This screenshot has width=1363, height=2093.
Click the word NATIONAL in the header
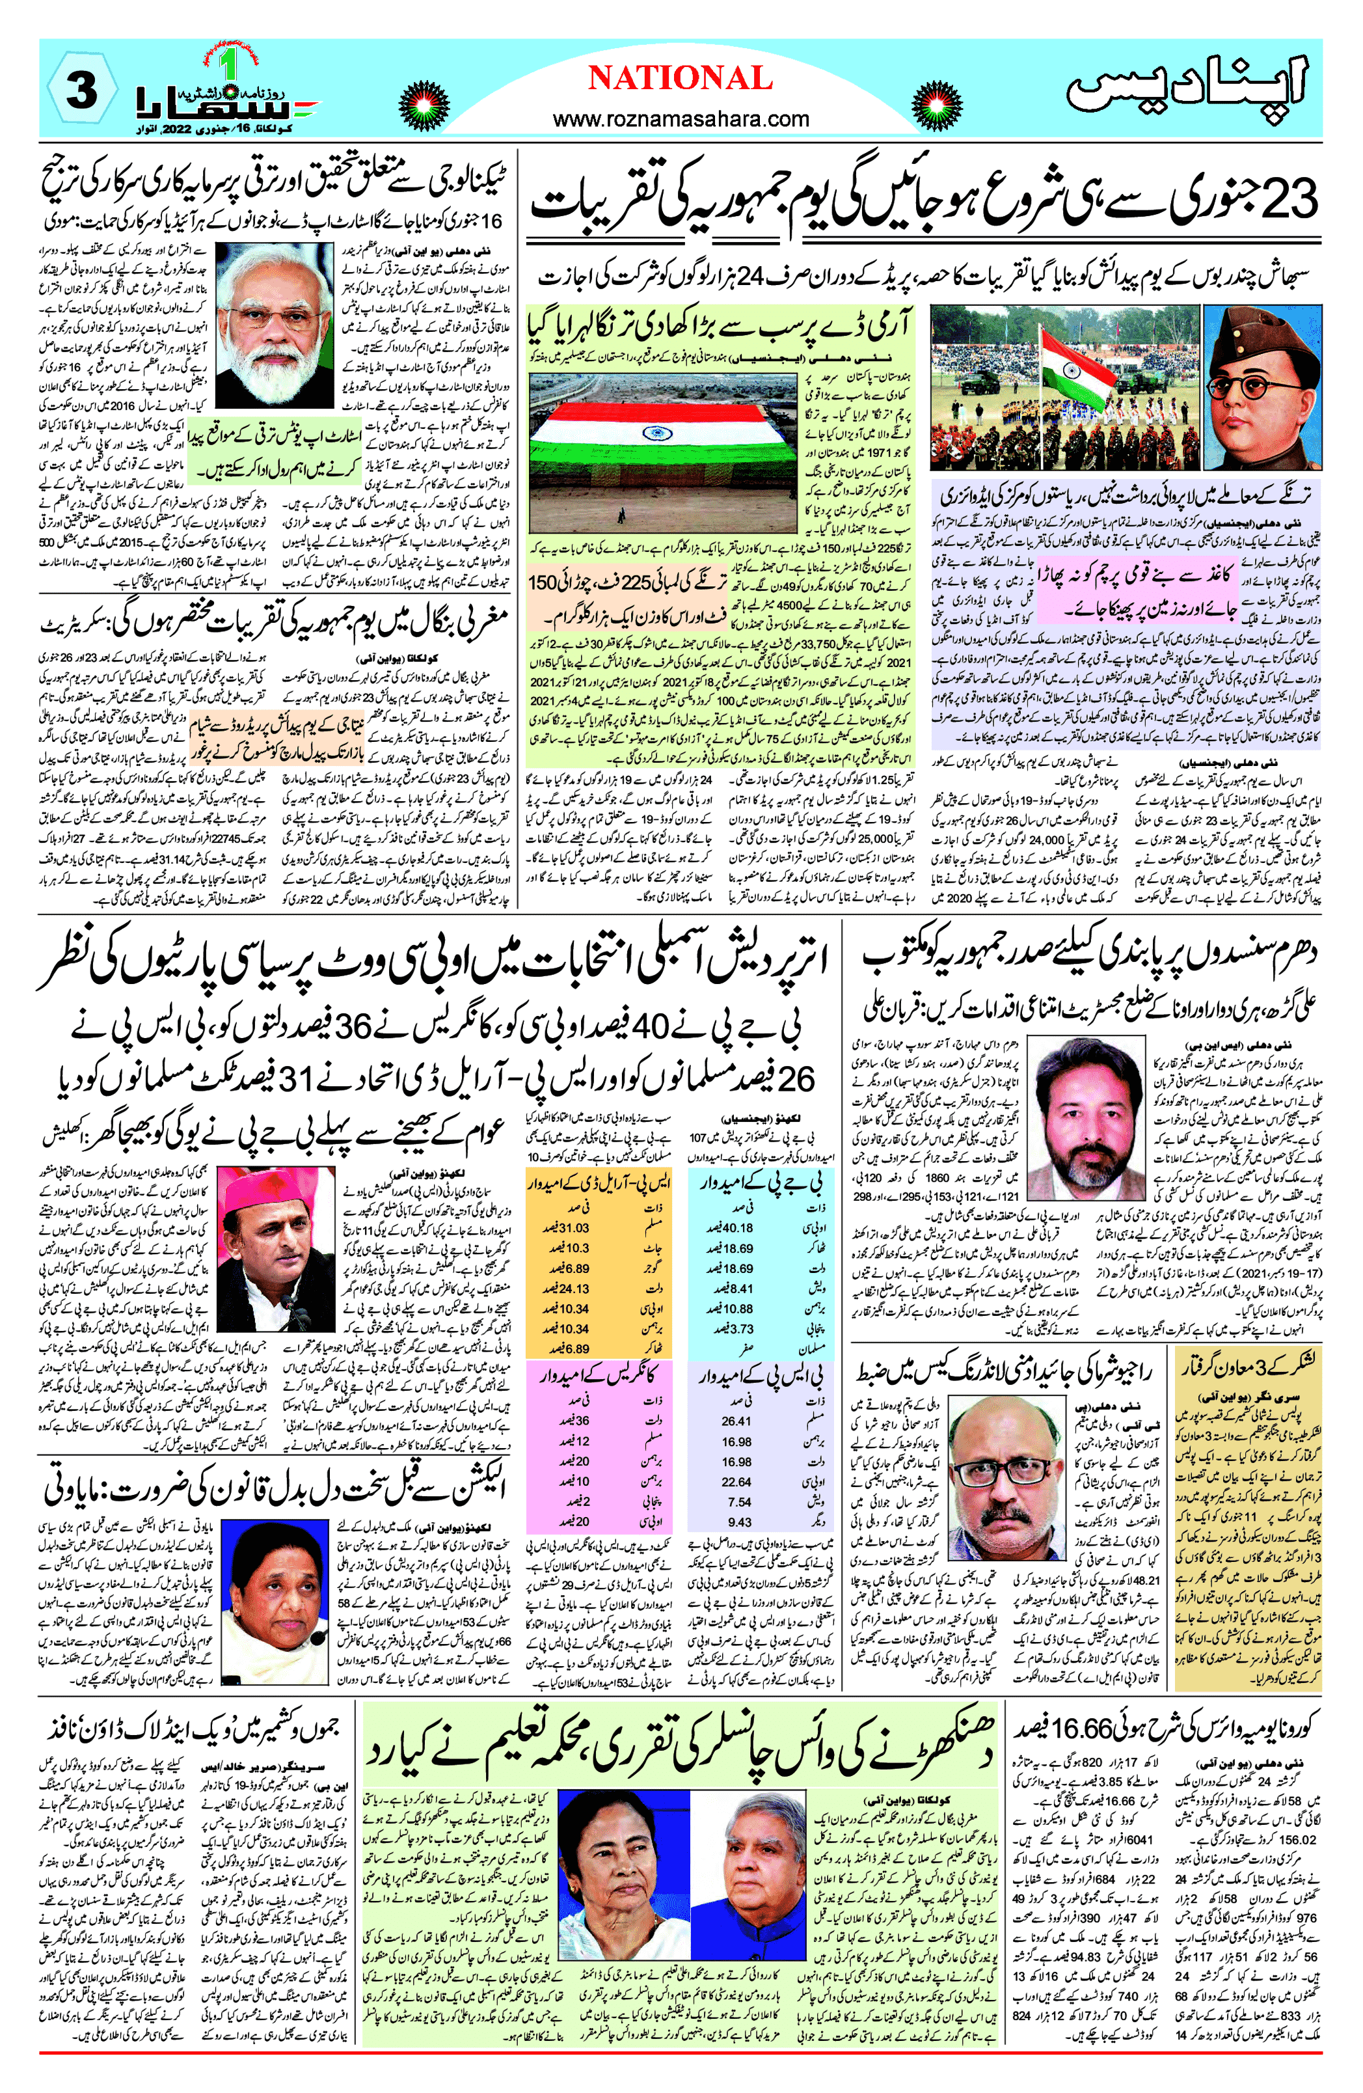click(x=680, y=79)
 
